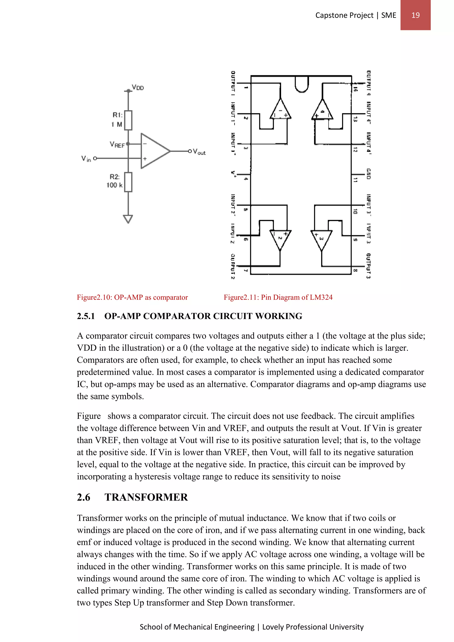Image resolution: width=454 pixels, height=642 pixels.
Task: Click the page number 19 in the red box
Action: point(415,15)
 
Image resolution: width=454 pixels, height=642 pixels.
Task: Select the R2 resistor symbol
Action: point(128,182)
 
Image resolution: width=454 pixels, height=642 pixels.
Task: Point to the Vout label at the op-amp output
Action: point(199,152)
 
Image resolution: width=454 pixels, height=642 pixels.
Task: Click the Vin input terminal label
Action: point(86,159)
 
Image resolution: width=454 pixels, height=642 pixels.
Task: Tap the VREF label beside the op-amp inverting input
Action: point(117,145)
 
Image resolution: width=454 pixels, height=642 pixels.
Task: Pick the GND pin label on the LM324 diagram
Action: point(368,174)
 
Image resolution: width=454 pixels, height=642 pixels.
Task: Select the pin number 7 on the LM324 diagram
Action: point(245,270)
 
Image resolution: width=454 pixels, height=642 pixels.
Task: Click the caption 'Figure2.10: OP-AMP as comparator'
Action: point(132,297)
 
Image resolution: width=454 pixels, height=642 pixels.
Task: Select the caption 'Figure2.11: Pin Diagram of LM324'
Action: point(278,297)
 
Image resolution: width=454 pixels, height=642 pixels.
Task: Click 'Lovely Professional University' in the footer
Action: point(313,627)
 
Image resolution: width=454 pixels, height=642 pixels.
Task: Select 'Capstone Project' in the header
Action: point(344,15)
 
